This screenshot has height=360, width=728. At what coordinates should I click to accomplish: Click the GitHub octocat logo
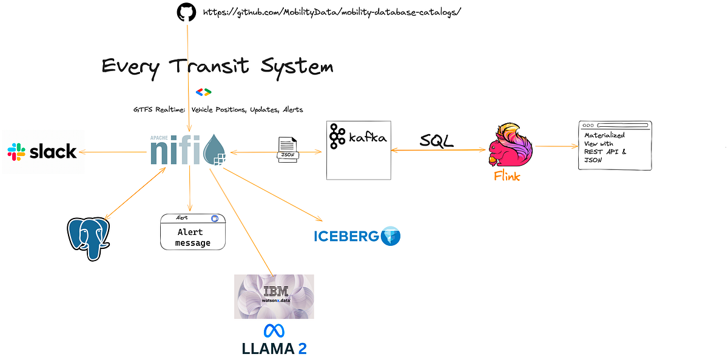(187, 13)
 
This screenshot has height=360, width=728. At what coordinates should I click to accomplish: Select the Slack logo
(42, 151)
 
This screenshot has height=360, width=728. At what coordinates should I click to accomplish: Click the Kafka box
(358, 150)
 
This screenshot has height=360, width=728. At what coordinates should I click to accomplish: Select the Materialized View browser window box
(615, 146)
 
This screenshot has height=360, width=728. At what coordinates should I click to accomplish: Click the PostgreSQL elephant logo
(89, 239)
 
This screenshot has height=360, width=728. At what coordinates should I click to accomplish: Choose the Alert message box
(192, 232)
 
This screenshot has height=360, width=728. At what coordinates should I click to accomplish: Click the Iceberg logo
(357, 236)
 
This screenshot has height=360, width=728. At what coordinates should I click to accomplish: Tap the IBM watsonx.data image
(274, 296)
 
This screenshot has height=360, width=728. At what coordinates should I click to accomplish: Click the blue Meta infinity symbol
(274, 330)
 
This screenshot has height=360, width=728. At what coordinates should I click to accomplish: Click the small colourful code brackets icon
(203, 92)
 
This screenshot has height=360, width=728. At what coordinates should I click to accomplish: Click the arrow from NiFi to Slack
(115, 152)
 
